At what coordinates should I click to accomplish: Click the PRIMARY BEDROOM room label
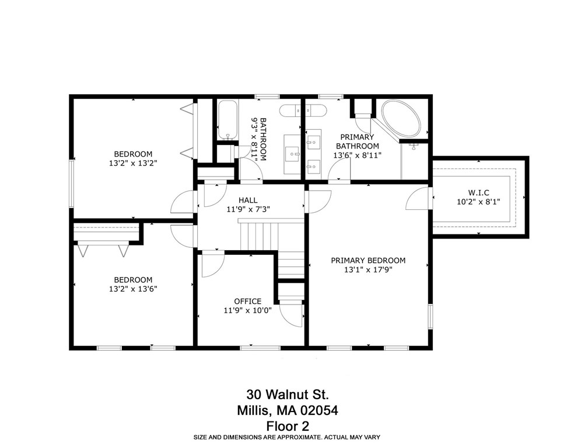[x=367, y=261]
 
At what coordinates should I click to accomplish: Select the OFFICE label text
[x=247, y=301]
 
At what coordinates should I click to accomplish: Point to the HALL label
[x=248, y=200]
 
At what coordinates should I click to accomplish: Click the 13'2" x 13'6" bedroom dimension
[x=133, y=289]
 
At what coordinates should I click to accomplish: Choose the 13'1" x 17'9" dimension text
[x=367, y=270]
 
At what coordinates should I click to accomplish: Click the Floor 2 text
[x=286, y=425]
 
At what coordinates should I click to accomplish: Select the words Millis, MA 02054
[x=286, y=410]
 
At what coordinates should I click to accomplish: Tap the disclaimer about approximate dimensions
[x=286, y=437]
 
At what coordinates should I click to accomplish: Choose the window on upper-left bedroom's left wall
[x=72, y=182]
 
